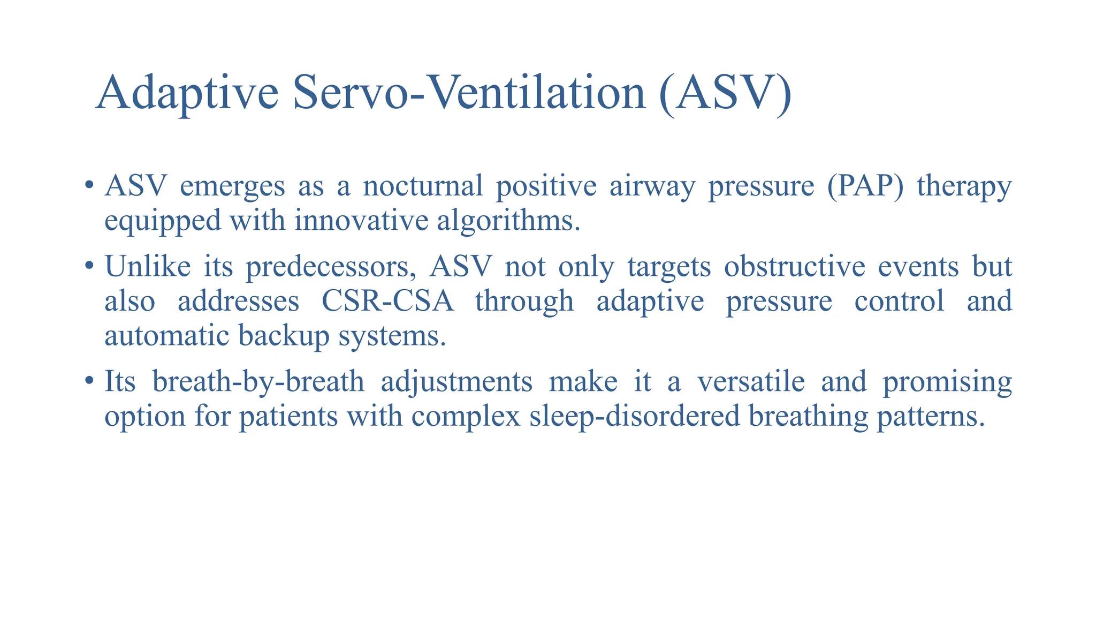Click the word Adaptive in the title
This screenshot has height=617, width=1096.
pos(187,92)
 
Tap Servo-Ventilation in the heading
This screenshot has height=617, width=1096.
pos(470,92)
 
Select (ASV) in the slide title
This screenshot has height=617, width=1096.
pos(726,92)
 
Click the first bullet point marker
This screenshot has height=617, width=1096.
pos(89,186)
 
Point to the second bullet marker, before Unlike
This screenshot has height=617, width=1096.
pos(89,266)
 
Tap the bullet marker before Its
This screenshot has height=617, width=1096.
pos(89,381)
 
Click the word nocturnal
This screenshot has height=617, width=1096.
pos(423,186)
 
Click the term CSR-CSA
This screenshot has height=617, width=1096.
pos(387,301)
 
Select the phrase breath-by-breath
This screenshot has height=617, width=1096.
pos(258,381)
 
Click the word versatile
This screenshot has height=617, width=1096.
pos(751,381)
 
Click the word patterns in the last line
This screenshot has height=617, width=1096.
pos(931,416)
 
